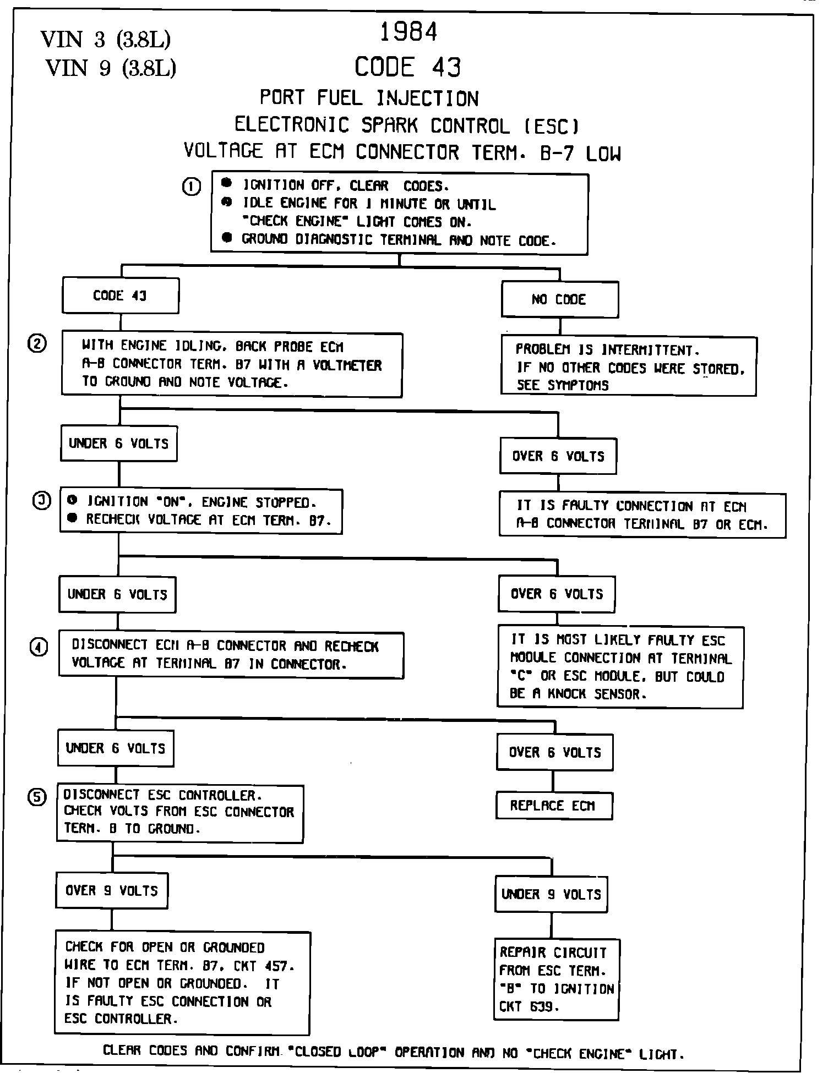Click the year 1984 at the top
coord(408,32)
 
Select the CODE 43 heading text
coord(407,68)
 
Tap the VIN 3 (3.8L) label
coord(106,40)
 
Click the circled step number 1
coord(191,187)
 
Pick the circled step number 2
coord(37,344)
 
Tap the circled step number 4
coord(39,648)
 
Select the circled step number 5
coord(37,798)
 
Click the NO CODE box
coord(559,299)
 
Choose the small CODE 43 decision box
coord(121,295)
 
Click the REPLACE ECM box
coord(553,806)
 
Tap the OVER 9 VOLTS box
coord(112,890)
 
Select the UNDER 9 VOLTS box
coord(551,894)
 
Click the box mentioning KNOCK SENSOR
coord(620,667)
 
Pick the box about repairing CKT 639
coord(556,979)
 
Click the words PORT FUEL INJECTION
coord(369,98)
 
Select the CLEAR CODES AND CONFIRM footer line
coord(394,1052)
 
